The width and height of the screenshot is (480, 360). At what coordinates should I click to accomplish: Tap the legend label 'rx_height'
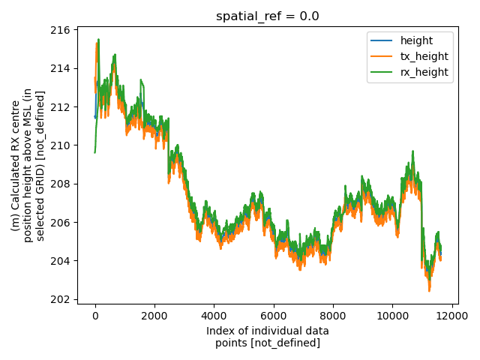(424, 72)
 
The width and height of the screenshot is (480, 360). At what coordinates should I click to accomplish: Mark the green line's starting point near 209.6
(95, 153)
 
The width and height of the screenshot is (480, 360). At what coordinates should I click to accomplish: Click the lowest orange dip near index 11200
(429, 290)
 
